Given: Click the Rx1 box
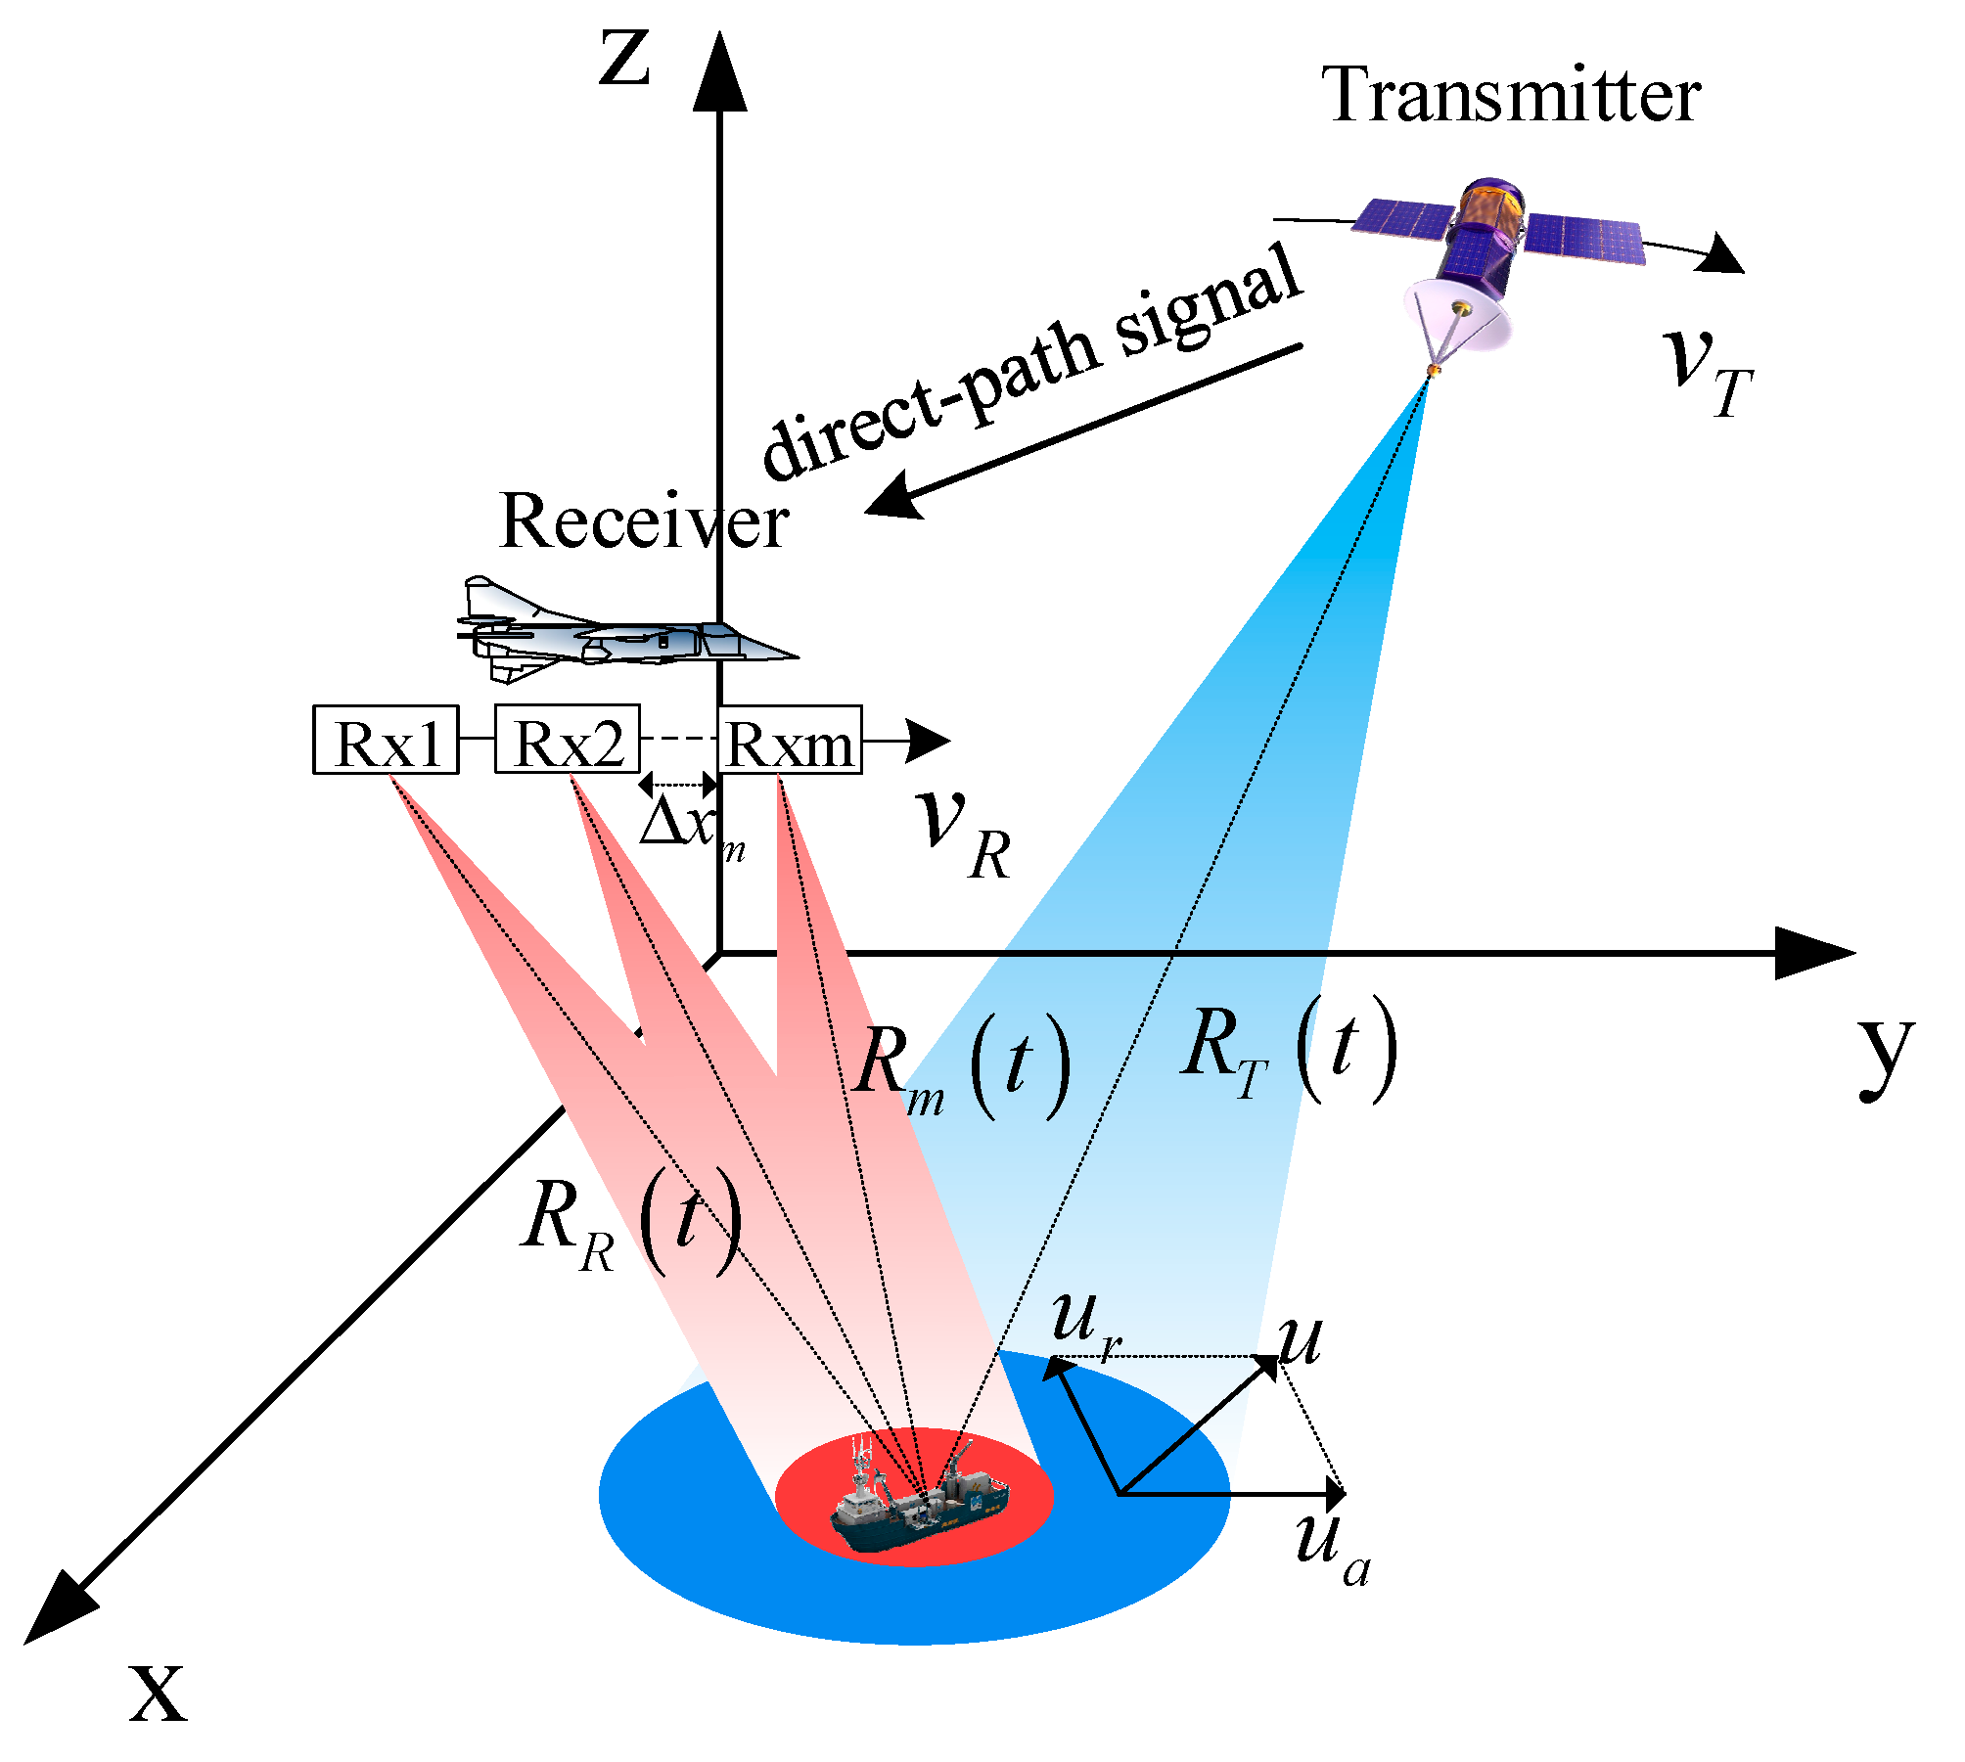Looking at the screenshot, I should [x=386, y=740].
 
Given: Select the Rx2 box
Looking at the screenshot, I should [x=568, y=740].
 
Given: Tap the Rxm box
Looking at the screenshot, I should [x=790, y=741].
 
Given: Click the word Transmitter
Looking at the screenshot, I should [x=1511, y=96].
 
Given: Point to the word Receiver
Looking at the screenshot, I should [x=644, y=521].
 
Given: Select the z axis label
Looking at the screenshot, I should [x=624, y=59].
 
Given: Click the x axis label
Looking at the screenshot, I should [x=157, y=1693].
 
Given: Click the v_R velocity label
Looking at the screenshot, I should [x=964, y=832].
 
